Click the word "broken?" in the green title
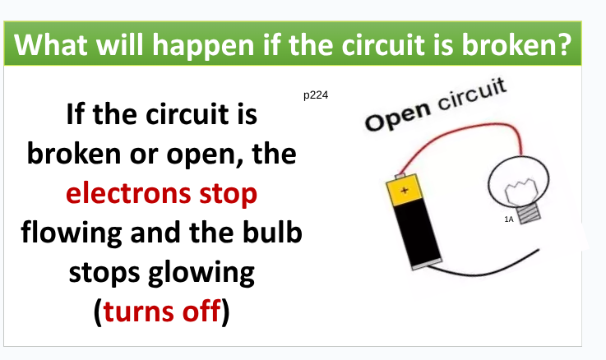pos(516,44)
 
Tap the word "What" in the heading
pos(51,44)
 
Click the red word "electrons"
pos(128,193)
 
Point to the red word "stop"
pos(228,195)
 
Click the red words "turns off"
pos(162,311)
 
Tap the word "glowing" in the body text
pos(201,274)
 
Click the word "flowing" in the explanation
pos(71,233)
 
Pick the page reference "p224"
pos(316,95)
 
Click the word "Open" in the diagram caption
pos(398,116)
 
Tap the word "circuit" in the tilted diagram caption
pos(471,95)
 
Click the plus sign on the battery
pos(405,190)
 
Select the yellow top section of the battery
pos(404,189)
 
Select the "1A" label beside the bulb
pos(509,219)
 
